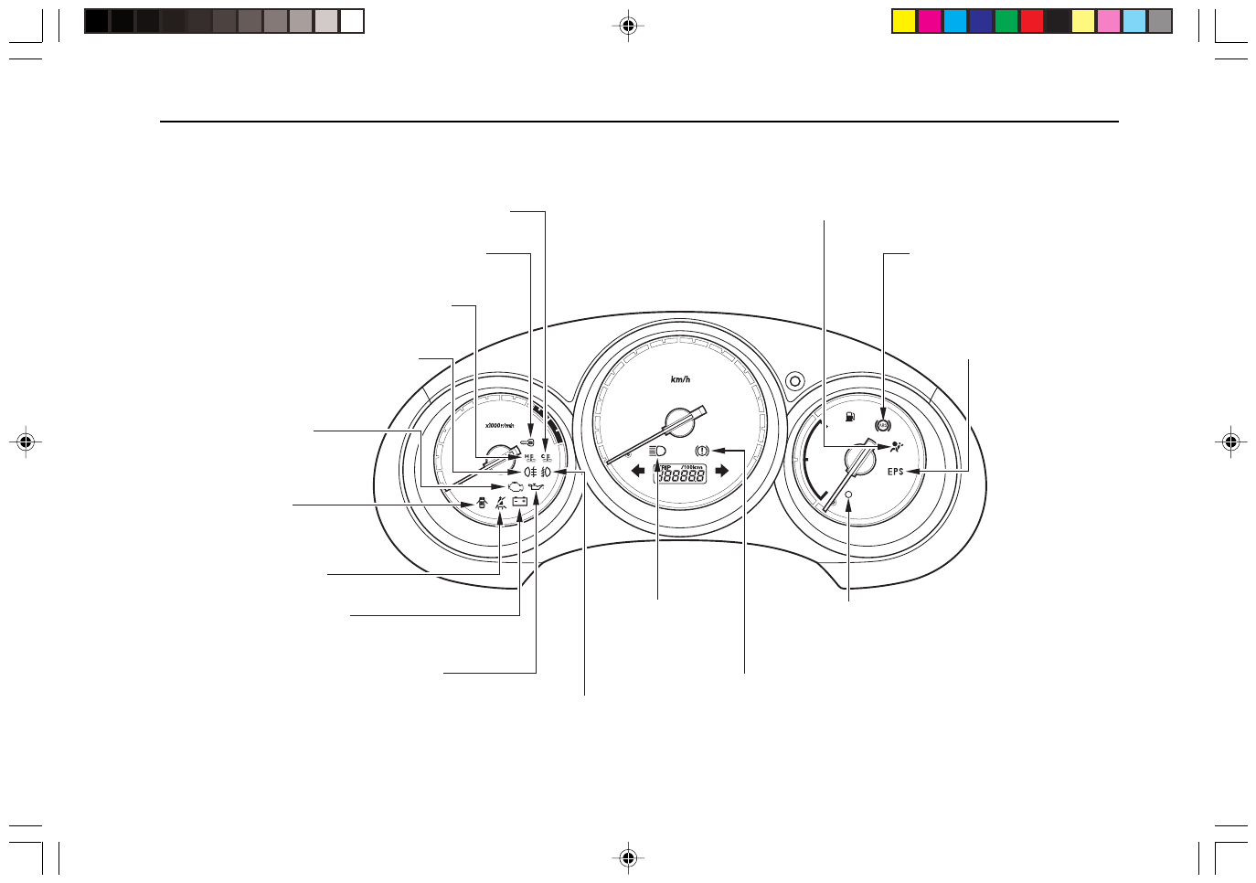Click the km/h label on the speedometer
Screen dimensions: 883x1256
[x=680, y=379]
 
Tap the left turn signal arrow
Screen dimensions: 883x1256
[x=638, y=471]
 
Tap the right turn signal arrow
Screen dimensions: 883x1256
[x=721, y=471]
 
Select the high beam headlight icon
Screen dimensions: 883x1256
[x=657, y=451]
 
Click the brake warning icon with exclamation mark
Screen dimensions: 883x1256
[x=701, y=451]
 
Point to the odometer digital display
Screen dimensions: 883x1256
[x=680, y=475]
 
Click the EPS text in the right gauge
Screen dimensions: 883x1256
[x=895, y=472]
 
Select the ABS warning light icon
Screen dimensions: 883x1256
[x=882, y=426]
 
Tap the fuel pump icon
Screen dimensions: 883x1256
[x=850, y=417]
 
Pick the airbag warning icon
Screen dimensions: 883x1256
[x=897, y=448]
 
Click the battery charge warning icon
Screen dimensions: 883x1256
[x=519, y=501]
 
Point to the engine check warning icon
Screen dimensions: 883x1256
[x=516, y=487]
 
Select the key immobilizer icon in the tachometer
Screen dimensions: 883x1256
[x=527, y=442]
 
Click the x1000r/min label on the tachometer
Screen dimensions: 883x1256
[x=499, y=425]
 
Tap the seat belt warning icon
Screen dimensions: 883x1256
[x=500, y=502]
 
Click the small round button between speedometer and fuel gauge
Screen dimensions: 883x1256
[x=794, y=380]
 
